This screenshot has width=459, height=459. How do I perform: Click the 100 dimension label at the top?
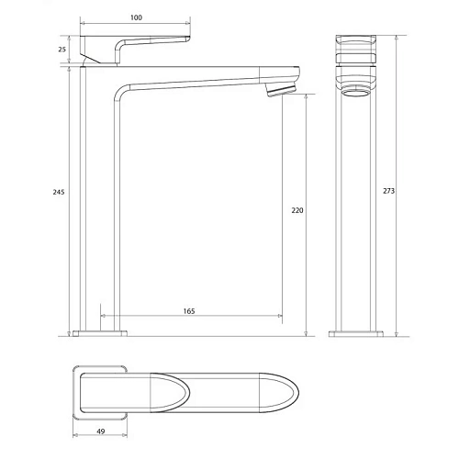136,17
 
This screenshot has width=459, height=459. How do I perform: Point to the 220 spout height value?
297,210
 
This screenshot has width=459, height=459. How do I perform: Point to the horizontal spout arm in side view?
211,78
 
